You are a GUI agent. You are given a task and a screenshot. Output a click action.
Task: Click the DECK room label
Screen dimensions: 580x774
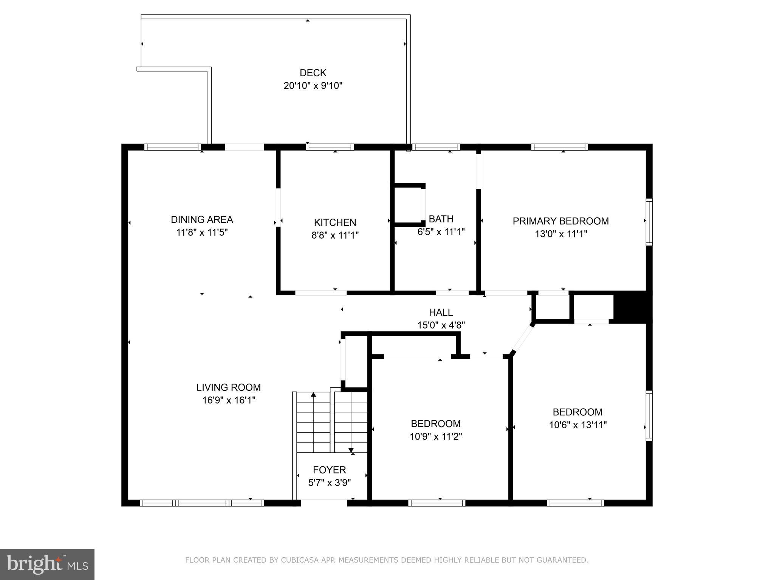(x=313, y=73)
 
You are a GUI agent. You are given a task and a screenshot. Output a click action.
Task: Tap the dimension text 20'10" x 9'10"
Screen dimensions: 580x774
(x=313, y=86)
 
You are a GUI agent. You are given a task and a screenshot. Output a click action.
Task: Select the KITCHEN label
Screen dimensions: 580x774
(x=335, y=222)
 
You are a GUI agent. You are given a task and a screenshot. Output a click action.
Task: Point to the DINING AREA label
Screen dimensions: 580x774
(x=202, y=219)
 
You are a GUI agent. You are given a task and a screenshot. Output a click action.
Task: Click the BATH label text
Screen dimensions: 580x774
(x=441, y=219)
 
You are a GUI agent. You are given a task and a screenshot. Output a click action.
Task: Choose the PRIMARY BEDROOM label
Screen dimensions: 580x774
(x=560, y=221)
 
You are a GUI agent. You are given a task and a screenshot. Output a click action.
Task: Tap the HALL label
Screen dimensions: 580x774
(x=441, y=312)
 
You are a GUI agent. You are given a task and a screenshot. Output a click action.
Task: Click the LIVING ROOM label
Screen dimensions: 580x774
(x=228, y=387)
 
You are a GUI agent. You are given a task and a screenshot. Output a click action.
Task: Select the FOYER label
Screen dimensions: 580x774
(x=329, y=470)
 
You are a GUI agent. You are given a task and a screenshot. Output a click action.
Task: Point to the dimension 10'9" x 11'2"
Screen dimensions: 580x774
(x=436, y=437)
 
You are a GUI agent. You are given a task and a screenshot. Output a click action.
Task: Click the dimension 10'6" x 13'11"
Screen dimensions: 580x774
(x=577, y=425)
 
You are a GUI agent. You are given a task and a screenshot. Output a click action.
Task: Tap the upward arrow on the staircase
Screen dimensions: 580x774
(x=313, y=395)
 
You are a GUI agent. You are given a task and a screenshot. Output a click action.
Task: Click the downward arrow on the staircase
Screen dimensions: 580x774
(x=351, y=450)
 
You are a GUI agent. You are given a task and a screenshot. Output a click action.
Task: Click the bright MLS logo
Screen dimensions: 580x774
(x=47, y=564)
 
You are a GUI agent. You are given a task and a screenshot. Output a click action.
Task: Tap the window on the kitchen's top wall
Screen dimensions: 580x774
(x=330, y=147)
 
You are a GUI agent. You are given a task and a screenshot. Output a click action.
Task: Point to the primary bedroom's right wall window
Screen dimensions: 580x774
(x=649, y=222)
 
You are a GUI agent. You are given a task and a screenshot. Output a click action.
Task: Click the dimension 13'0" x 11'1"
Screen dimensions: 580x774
(x=560, y=234)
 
